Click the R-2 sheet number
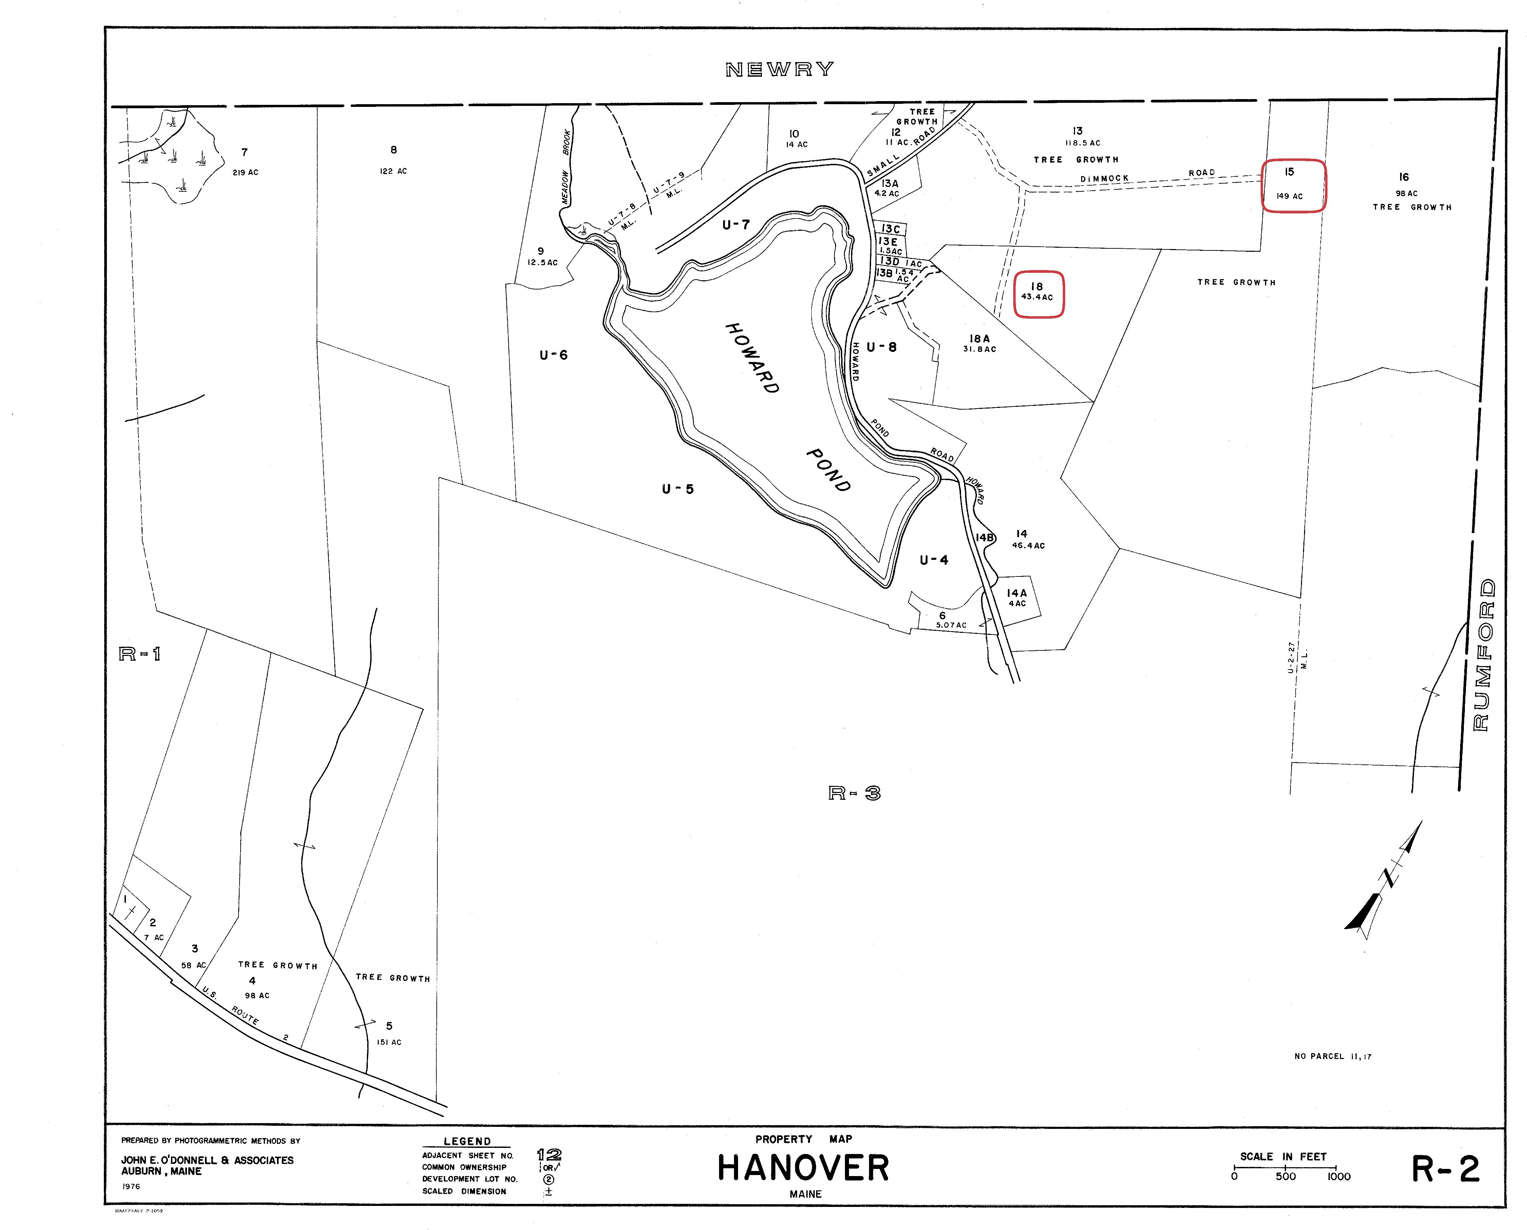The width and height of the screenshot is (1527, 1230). (1446, 1169)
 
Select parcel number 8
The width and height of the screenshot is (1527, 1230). (393, 150)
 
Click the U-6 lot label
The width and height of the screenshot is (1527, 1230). (553, 355)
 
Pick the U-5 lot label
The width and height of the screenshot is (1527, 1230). (677, 489)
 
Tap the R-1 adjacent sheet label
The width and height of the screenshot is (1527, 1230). (139, 654)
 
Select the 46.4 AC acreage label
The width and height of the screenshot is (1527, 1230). (1028, 546)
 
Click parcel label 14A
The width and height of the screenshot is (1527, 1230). (1017, 593)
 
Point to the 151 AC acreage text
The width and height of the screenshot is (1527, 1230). (389, 1042)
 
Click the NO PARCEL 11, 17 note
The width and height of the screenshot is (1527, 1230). (1333, 1056)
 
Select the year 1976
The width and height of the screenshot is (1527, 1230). (131, 1186)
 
